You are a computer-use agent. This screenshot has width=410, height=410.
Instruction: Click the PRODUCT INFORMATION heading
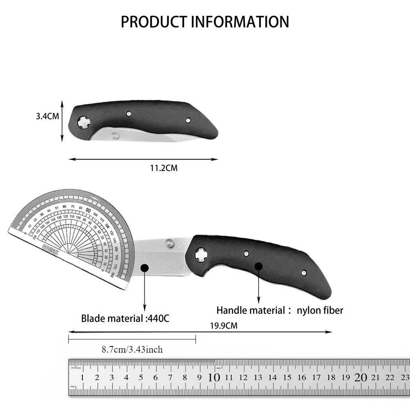point(205,21)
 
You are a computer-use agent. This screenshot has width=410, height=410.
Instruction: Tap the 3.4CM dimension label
point(47,116)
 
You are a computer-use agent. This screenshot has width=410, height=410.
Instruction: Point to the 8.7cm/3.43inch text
point(132,350)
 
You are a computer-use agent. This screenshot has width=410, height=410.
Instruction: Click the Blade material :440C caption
point(125,318)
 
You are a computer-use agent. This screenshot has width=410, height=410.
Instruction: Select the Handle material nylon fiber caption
point(280,310)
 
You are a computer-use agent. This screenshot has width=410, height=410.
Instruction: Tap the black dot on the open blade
point(144,268)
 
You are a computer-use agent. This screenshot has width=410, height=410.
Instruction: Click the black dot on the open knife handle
point(258,266)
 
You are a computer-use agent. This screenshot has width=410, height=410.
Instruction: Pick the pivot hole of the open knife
point(200,255)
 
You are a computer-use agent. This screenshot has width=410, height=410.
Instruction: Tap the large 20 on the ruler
point(361,378)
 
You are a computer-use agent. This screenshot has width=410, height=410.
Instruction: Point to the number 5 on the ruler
point(141,378)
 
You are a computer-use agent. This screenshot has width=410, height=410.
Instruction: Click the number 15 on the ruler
point(287,378)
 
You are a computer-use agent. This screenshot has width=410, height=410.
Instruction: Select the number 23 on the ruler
point(404,378)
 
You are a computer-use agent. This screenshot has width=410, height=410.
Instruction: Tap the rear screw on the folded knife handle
point(188,120)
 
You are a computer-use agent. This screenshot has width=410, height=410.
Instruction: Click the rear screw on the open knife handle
point(304,272)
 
